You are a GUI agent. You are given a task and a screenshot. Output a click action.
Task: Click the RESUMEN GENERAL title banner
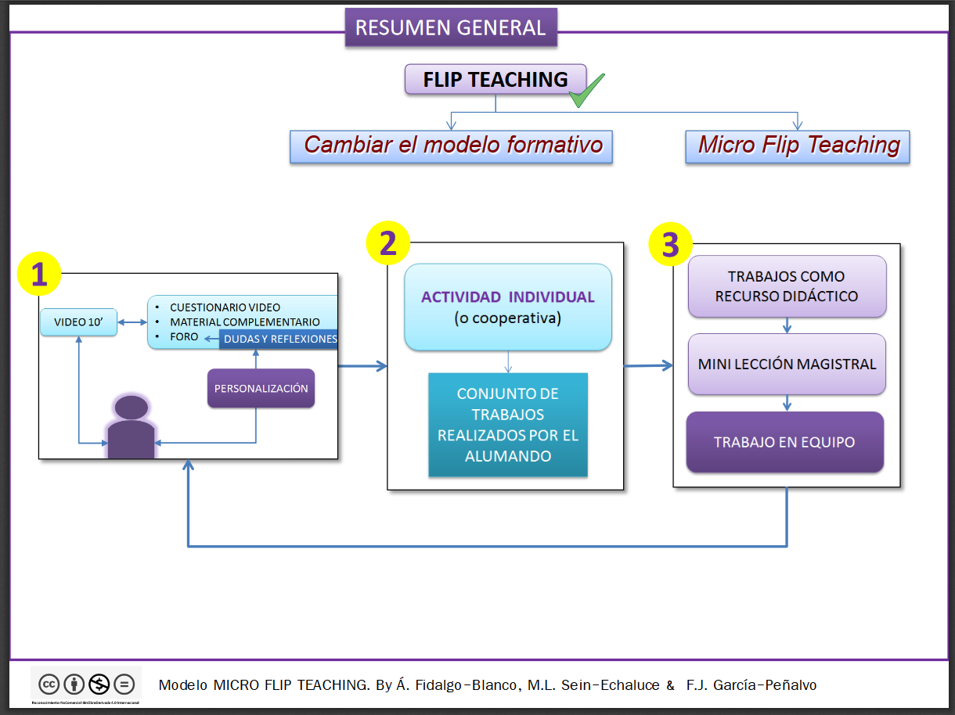pos(451,28)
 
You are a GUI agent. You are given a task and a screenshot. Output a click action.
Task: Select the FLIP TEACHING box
pos(495,80)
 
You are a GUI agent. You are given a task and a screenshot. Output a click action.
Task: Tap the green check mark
pos(586,91)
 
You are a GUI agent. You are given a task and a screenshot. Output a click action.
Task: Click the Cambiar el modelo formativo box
pos(451,146)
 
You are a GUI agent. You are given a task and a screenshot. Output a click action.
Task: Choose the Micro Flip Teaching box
pos(798,146)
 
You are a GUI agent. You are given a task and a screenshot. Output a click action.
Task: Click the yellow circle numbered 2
pos(388,244)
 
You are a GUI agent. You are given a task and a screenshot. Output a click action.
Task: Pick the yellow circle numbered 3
pos(671,245)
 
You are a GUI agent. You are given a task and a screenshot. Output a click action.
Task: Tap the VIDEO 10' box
pos(78,322)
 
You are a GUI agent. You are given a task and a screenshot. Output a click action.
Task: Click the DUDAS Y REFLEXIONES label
pos(279,339)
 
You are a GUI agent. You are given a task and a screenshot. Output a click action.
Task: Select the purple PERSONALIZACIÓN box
pos(261,389)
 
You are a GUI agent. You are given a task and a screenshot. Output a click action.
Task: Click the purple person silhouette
pos(131,429)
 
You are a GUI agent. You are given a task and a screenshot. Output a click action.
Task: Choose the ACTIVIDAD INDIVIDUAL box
pos(507,307)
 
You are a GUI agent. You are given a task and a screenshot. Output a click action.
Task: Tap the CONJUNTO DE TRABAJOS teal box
pos(507,425)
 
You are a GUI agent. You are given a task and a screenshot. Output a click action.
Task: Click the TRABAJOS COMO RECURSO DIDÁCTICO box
pos(787,286)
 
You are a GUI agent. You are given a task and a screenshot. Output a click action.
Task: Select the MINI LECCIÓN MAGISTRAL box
pos(787,365)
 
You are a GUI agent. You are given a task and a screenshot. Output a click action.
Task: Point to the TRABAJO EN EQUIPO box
pos(784,443)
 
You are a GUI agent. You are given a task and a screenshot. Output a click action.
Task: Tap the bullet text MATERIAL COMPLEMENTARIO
pos(244,322)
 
